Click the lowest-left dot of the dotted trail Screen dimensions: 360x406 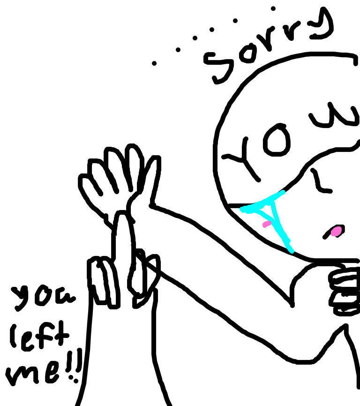pyautogui.click(x=154, y=63)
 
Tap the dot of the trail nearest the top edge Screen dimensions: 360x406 pyautogui.click(x=273, y=8)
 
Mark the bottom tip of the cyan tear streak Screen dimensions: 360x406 pyautogui.click(x=292, y=251)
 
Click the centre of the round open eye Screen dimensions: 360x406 pyautogui.click(x=277, y=140)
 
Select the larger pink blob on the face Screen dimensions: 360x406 pyautogui.click(x=337, y=231)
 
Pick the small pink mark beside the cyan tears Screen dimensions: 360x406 pyautogui.click(x=267, y=224)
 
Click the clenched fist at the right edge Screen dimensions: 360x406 pyautogui.click(x=345, y=292)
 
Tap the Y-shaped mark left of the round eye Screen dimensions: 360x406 pyautogui.click(x=241, y=159)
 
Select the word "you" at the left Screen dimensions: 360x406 pyautogui.click(x=43, y=298)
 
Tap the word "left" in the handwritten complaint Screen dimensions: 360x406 pyautogui.click(x=39, y=336)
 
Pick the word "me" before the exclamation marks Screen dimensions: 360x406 pyautogui.click(x=33, y=373)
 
